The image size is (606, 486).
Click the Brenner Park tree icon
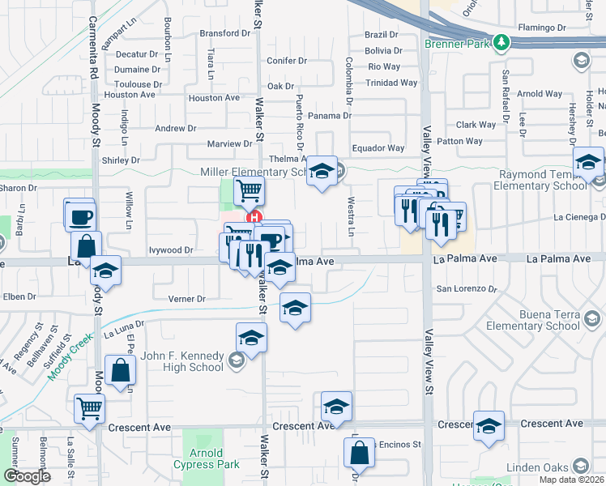click(x=502, y=41)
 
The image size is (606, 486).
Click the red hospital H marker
click(x=254, y=217)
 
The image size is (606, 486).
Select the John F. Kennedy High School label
click(x=182, y=360)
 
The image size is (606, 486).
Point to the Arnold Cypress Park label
click(x=206, y=458)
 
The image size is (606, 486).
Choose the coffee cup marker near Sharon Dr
click(x=81, y=216)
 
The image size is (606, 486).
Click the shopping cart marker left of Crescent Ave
click(x=89, y=408)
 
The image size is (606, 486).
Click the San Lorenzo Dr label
click(x=466, y=288)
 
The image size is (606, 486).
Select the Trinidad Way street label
click(x=391, y=83)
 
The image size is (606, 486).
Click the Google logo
click(x=27, y=476)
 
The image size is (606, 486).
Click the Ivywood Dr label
click(x=170, y=250)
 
